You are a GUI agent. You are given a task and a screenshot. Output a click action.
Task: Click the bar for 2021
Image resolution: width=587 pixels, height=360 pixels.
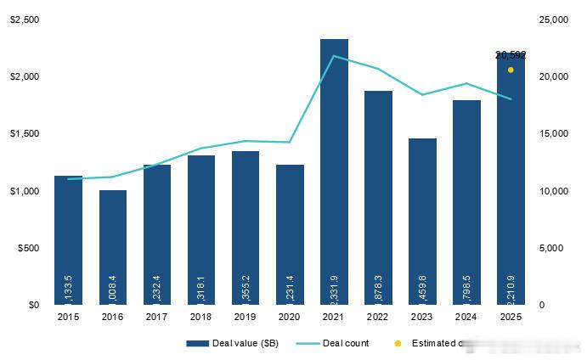coord(334,170)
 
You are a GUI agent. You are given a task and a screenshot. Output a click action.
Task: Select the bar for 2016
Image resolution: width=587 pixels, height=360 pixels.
coord(113,246)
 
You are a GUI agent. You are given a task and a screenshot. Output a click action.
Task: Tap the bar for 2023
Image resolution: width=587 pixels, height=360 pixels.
coord(422,221)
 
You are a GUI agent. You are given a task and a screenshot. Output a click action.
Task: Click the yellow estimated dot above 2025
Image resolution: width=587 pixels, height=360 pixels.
coord(511,70)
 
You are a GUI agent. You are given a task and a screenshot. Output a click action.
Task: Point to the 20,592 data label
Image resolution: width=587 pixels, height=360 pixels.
coord(511,55)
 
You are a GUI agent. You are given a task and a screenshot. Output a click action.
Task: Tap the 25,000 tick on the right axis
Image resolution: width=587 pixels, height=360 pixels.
coord(555,20)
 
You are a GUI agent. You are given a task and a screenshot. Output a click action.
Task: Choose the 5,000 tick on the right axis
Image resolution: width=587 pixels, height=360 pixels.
coord(552,248)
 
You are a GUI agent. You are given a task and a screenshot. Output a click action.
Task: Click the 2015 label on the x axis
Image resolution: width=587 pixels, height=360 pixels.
coord(68,318)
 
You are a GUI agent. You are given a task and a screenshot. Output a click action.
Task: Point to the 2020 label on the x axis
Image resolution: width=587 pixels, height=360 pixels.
coord(290,318)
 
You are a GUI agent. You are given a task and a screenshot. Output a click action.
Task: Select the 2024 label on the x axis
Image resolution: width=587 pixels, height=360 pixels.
coord(466,318)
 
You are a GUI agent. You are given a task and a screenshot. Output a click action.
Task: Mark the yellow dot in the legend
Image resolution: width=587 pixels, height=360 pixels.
coord(398,344)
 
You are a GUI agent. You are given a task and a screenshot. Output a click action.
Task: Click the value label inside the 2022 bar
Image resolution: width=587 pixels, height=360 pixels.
coord(378,286)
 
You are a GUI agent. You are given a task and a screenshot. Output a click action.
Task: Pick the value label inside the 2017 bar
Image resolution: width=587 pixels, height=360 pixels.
coord(157,286)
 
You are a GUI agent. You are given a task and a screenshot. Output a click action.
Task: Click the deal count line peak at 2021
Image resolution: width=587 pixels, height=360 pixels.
coord(334,56)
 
